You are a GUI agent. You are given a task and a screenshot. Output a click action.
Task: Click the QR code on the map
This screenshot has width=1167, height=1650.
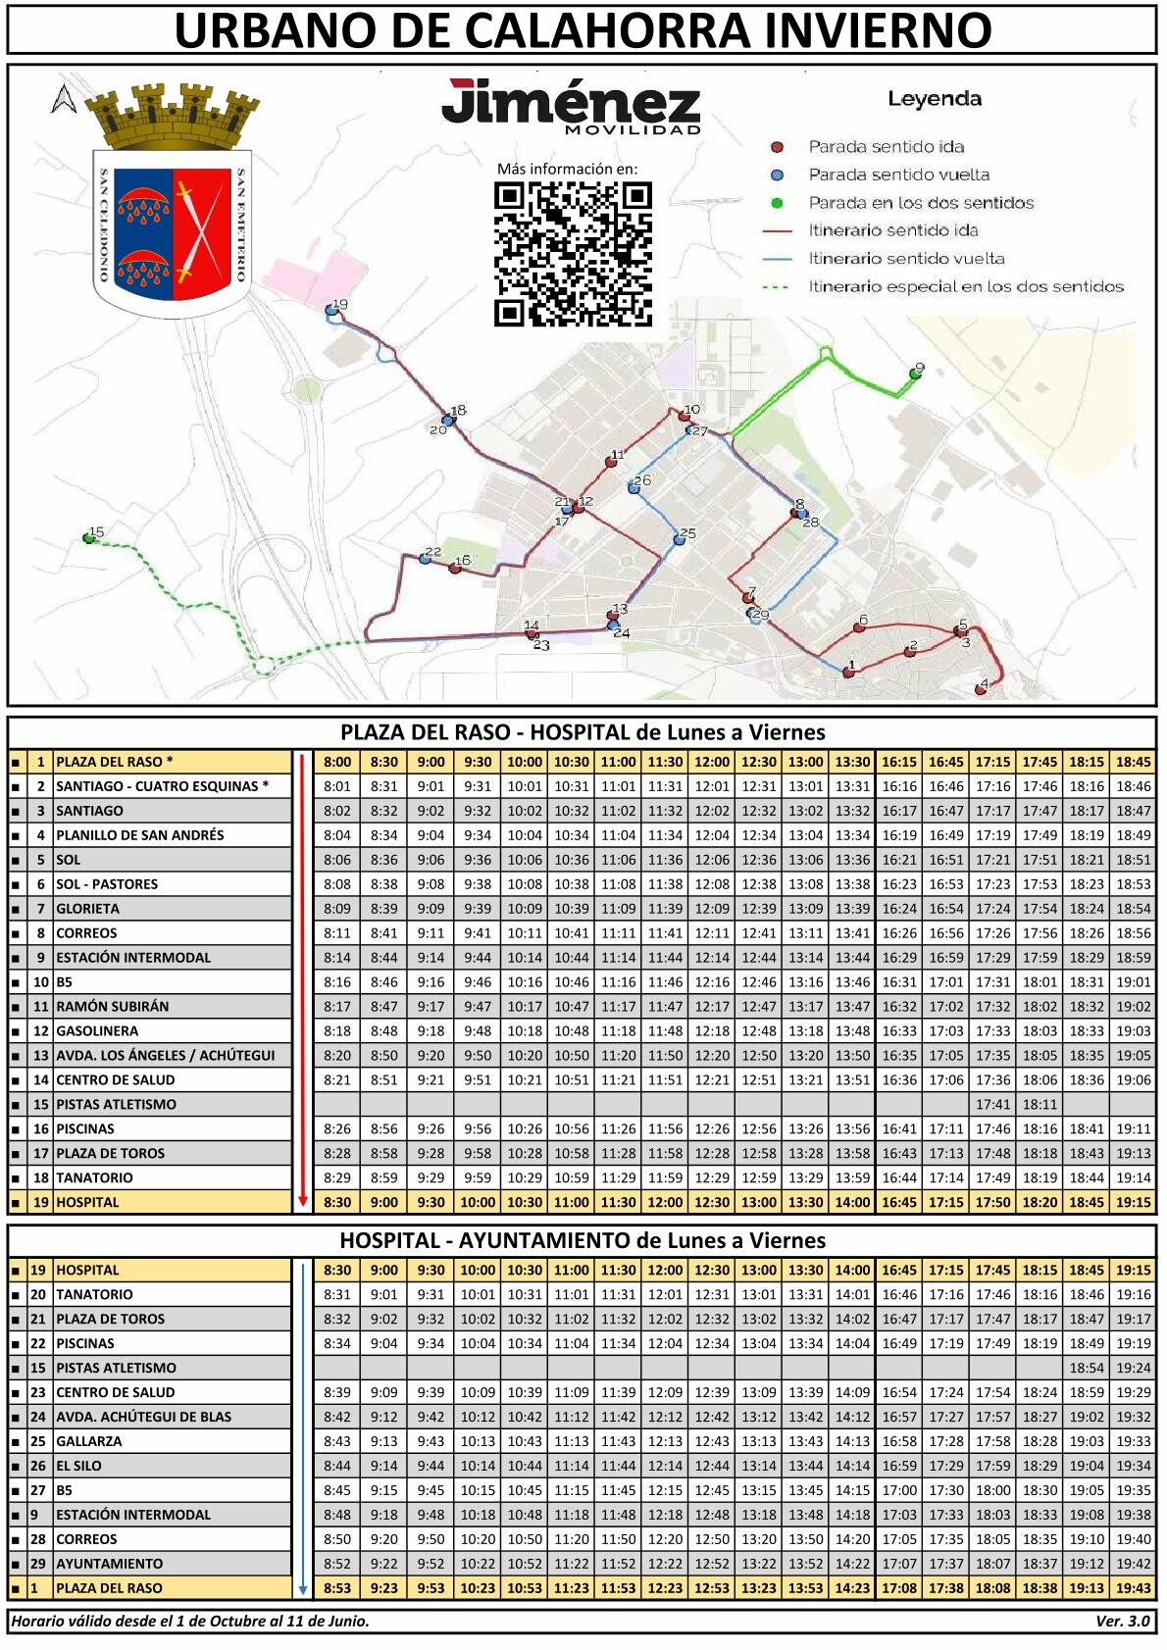(573, 254)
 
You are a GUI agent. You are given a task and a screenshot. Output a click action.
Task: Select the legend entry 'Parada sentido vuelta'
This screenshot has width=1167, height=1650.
(897, 175)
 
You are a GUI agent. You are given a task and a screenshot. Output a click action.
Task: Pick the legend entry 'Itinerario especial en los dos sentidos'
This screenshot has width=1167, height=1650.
(965, 286)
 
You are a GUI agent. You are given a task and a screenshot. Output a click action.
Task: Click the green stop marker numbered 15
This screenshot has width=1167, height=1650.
(90, 538)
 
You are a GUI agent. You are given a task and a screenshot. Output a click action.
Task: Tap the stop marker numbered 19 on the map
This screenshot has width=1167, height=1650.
(331, 309)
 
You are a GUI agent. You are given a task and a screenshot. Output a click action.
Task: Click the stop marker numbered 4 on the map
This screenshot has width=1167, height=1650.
(981, 689)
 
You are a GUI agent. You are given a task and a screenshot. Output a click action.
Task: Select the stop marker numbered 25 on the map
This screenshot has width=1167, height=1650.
(679, 539)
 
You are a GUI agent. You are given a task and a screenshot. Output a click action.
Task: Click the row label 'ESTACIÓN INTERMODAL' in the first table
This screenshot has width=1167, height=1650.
(133, 957)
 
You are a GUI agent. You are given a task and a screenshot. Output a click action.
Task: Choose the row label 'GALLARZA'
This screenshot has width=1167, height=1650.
(89, 1440)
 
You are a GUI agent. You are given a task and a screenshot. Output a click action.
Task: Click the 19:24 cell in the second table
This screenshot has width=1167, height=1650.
(1133, 1368)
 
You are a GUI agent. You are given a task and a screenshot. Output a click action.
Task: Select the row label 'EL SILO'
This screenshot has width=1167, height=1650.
(78, 1465)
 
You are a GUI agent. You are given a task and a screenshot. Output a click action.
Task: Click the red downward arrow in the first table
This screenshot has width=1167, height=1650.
(303, 981)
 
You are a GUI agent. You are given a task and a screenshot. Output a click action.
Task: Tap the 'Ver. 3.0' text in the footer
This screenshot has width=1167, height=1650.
(1122, 1621)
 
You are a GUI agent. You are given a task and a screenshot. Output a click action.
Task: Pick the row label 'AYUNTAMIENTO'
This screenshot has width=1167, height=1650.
(110, 1563)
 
